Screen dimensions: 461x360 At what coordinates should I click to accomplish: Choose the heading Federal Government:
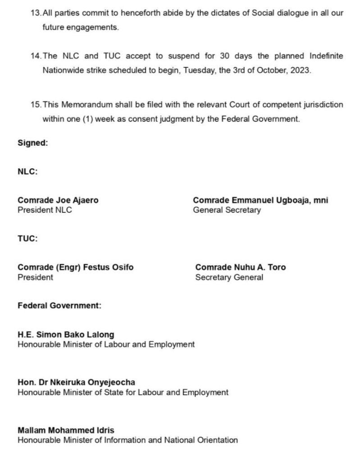coord(59,306)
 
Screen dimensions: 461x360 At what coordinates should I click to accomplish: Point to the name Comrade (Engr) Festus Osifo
coord(75,267)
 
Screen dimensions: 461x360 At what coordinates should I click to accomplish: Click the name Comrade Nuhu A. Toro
coord(240,267)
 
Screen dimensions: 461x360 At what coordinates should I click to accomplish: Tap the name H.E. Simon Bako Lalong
coord(66,335)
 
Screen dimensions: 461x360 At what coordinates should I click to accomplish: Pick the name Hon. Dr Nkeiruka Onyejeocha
coord(76,383)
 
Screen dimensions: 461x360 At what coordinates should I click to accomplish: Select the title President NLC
coord(45,210)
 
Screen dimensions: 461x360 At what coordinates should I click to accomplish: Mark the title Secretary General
coord(229,277)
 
